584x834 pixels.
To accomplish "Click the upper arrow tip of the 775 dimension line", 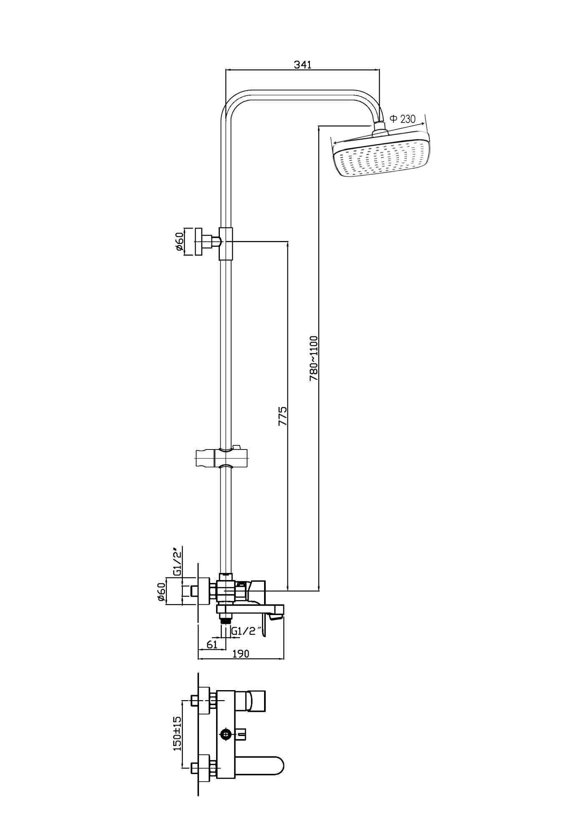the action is [x=288, y=241].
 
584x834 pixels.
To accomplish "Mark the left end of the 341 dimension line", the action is [x=226, y=70].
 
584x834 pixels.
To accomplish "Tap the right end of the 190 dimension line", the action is [x=284, y=659].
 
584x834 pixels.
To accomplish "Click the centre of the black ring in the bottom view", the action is [x=226, y=733].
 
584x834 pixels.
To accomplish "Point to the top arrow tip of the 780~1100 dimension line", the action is [x=319, y=125].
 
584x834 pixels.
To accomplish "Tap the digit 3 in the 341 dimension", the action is [x=297, y=64].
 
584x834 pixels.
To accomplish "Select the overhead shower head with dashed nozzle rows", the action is [x=381, y=154].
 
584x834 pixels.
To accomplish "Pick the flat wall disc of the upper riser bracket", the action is [x=199, y=242].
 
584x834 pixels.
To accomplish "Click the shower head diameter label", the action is [x=403, y=119].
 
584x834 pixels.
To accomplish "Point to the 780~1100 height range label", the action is [x=314, y=358].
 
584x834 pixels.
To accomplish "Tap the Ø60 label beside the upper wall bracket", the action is [x=179, y=242].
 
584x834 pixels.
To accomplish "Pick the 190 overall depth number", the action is [x=241, y=653].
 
